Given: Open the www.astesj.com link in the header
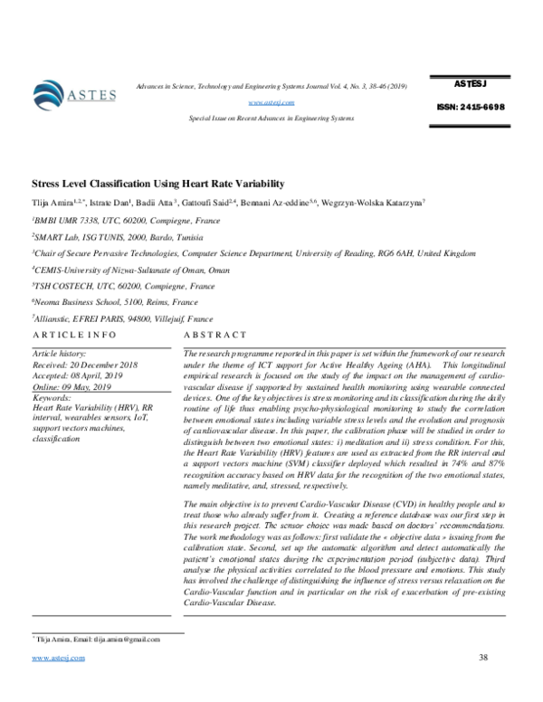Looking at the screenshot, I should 271,102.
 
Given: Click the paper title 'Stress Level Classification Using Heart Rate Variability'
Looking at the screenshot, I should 157,182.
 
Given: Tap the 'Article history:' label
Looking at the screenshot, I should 62,351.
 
